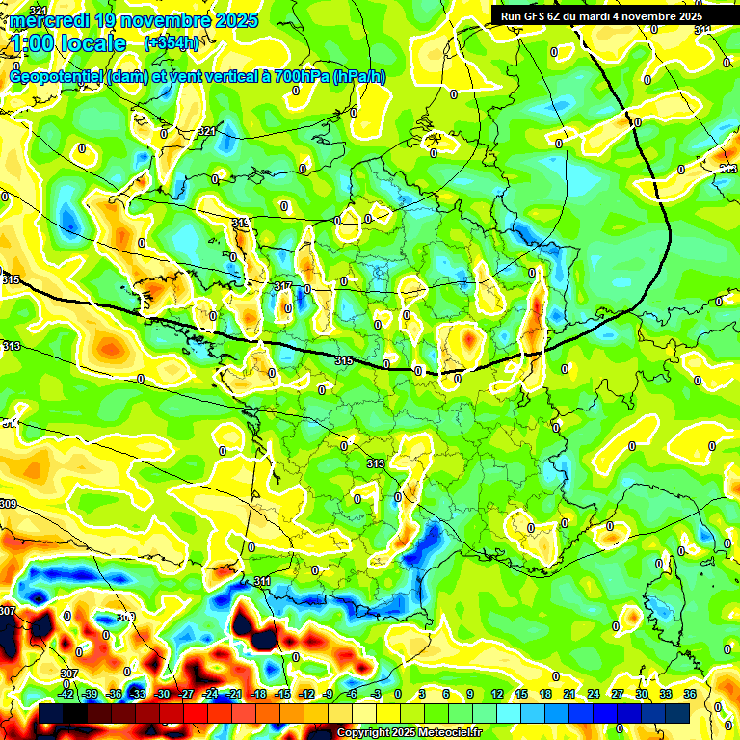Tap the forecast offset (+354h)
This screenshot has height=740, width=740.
172,42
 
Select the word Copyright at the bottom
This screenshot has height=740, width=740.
362,733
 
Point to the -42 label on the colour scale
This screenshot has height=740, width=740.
66,694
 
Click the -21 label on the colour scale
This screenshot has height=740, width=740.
235,694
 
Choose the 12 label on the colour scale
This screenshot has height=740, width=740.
497,694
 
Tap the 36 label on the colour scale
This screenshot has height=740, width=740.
690,694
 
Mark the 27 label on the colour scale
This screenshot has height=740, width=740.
618,694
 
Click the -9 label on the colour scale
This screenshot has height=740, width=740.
329,694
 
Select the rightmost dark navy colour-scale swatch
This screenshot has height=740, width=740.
677,712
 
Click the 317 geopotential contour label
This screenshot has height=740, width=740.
283,287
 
